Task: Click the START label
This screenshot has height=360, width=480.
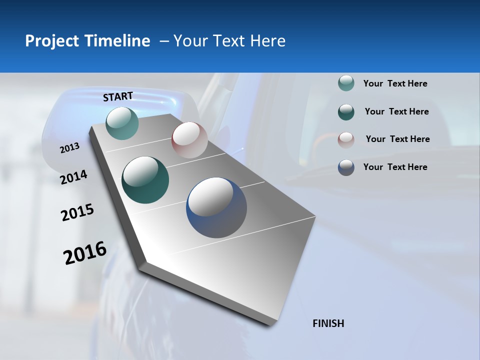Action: tap(118, 96)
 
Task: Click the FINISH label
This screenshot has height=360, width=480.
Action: tap(328, 323)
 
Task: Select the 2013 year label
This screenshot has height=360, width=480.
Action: tap(70, 147)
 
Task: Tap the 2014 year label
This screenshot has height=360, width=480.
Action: tap(74, 177)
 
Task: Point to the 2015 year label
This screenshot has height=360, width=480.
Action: tap(77, 212)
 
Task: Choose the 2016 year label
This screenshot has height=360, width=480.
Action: tap(85, 252)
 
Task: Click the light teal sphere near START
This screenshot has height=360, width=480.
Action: tap(122, 123)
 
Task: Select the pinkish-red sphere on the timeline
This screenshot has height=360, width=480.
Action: tap(189, 140)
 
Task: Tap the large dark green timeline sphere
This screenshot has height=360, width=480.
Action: tap(145, 180)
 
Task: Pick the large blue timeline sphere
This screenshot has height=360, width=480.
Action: tap(216, 207)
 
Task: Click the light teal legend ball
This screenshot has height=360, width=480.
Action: tap(346, 83)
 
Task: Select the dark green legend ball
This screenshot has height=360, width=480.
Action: tap(346, 111)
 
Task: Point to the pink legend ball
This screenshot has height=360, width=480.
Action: tap(346, 139)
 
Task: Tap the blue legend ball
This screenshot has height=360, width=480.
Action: tap(346, 167)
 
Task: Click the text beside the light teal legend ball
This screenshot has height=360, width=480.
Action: tap(395, 83)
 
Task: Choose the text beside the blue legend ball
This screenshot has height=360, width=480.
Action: tap(395, 167)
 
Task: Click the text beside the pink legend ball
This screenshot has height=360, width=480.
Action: tap(397, 139)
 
